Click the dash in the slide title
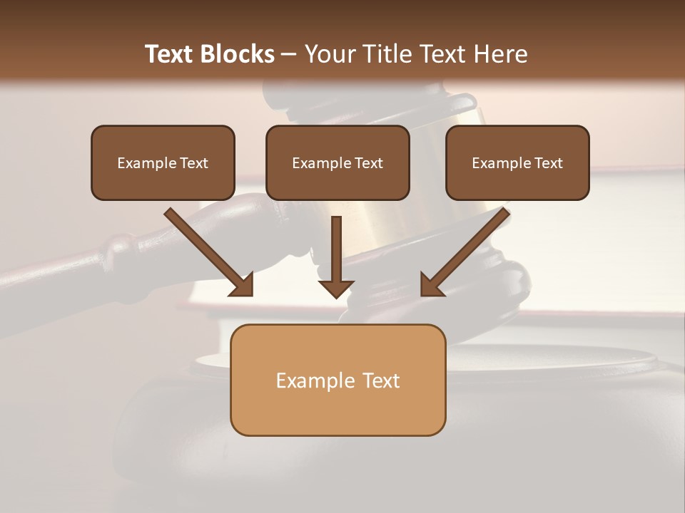tap(289, 54)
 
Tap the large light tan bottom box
tap(338, 413)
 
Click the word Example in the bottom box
tap(315, 380)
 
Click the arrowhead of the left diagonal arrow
tap(243, 284)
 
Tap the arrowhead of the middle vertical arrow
tap(336, 288)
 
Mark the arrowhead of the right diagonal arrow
tap(431, 284)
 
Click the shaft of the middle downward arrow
tap(336, 246)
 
